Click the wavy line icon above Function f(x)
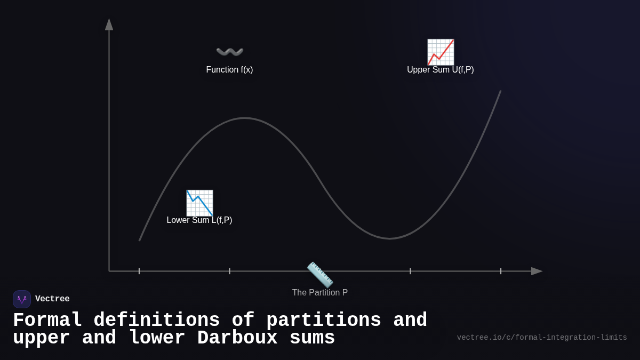(x=230, y=52)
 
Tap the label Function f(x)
(x=229, y=70)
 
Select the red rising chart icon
(x=441, y=52)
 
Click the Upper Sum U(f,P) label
(x=440, y=70)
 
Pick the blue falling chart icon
(x=199, y=203)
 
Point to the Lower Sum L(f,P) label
(x=199, y=220)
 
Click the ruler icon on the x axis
(x=320, y=275)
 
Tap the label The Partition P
(x=319, y=293)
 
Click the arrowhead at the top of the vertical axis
(x=109, y=25)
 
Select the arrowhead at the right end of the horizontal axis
(x=537, y=271)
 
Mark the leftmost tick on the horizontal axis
(x=139, y=271)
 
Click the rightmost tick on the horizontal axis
(x=501, y=271)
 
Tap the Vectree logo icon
(x=22, y=299)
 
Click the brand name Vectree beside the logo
(x=52, y=299)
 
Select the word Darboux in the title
(x=237, y=338)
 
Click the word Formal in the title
(x=47, y=321)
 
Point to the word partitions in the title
(x=324, y=321)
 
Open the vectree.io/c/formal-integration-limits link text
(x=542, y=338)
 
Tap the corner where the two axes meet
(x=109, y=271)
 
